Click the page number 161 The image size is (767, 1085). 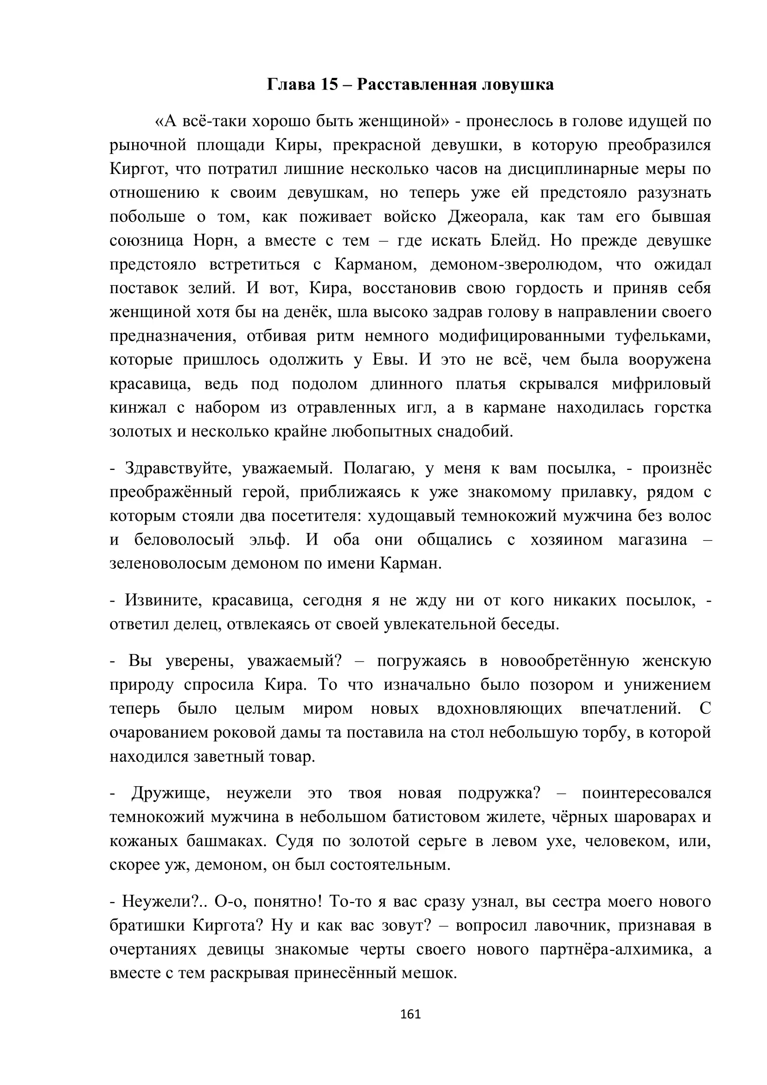(x=410, y=1014)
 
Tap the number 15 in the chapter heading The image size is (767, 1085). (x=330, y=84)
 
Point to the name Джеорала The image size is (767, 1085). (x=492, y=217)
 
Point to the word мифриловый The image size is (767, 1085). (x=661, y=384)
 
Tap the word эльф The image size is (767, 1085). (x=269, y=540)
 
